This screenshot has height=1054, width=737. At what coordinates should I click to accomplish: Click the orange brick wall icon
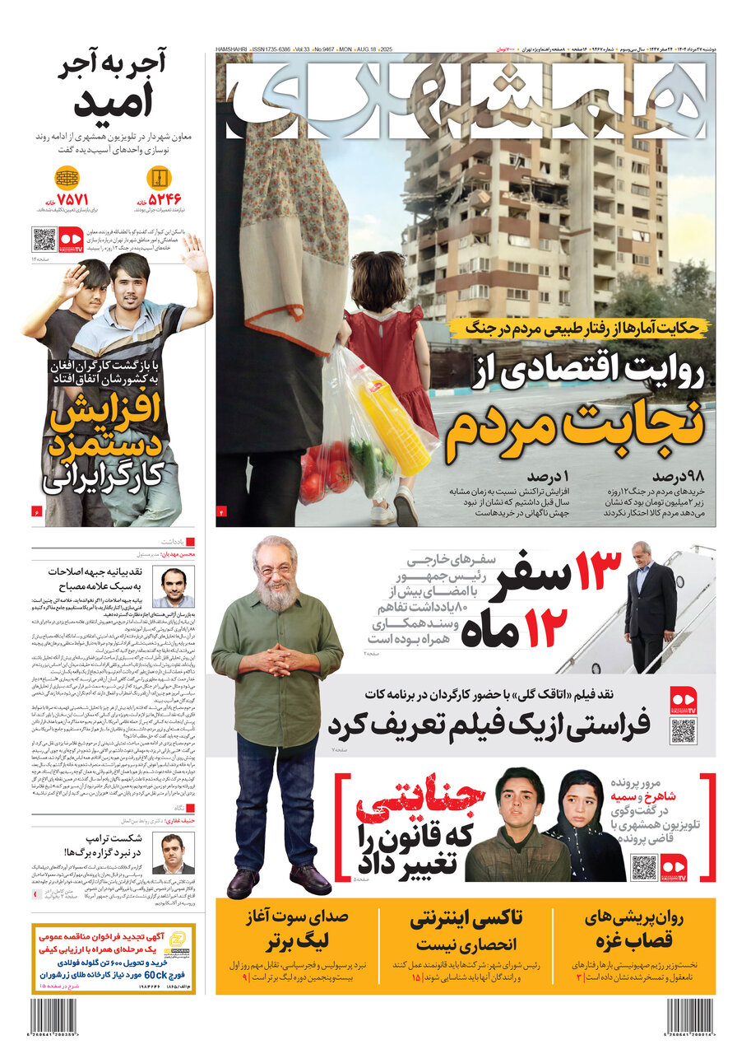tap(67, 177)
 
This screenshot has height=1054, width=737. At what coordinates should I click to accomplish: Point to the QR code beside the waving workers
tap(44, 240)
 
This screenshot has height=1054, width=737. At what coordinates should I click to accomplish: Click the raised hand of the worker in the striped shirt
tap(196, 253)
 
